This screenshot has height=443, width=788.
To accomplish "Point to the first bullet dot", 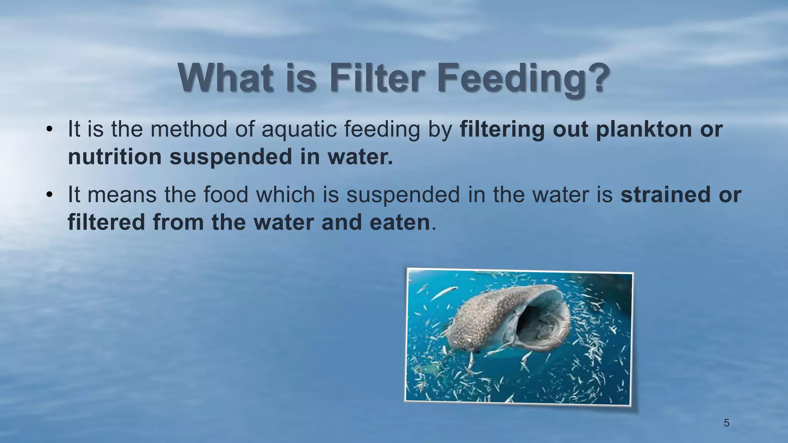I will click(x=49, y=130).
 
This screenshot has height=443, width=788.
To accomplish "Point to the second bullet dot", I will click(x=49, y=195).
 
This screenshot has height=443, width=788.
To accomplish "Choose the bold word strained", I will click(x=665, y=195).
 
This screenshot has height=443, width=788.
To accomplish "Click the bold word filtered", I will click(x=106, y=222).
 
